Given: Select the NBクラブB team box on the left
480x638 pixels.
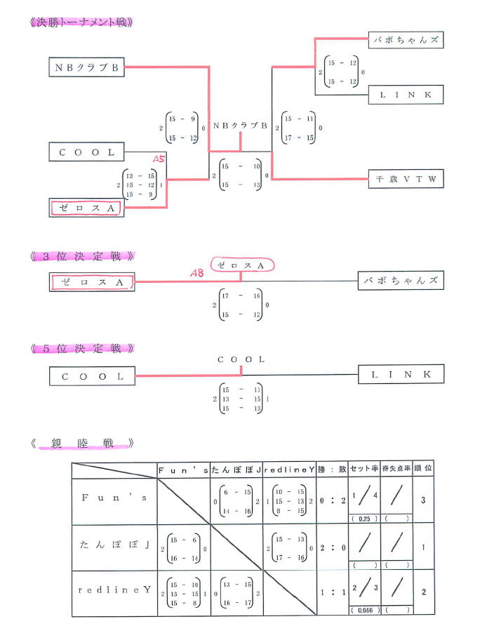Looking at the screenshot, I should click(87, 67).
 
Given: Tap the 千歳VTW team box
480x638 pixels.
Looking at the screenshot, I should click(406, 179).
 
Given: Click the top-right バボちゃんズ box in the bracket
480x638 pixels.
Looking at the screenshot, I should click(406, 40).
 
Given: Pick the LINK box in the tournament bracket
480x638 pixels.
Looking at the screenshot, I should click(406, 94).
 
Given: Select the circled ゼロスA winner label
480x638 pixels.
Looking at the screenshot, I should click(241, 266).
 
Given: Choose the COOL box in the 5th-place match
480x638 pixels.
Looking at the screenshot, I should click(92, 376).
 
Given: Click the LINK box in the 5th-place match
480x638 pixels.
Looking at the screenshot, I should click(401, 375).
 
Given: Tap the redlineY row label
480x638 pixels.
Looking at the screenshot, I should click(114, 590).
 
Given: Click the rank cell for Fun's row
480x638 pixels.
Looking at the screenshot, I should click(423, 501).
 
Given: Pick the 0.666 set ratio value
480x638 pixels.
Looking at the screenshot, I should click(364, 611).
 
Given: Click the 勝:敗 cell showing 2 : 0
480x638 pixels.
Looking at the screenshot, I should click(331, 547).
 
